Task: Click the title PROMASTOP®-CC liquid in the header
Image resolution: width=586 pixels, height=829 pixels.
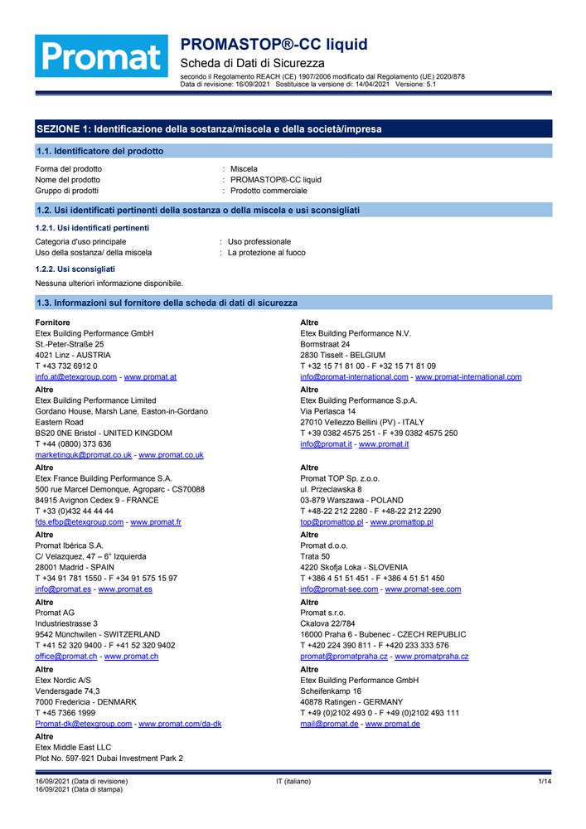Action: pos(274,45)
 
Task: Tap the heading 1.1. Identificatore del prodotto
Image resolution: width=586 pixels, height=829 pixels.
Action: pos(99,152)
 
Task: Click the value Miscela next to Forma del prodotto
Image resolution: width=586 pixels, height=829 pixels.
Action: pos(244,169)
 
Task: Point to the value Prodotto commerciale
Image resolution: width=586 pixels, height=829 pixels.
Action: pos(268,191)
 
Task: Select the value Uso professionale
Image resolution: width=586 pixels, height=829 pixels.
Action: pos(259,242)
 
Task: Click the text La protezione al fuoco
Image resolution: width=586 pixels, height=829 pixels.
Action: pos(266,253)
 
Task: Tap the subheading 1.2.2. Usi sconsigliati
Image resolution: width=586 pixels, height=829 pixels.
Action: pos(75,269)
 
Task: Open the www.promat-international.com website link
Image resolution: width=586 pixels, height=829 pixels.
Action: pos(468,377)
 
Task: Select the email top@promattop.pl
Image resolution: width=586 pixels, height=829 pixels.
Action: pos(332,522)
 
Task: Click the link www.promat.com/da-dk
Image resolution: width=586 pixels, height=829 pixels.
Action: pos(180,724)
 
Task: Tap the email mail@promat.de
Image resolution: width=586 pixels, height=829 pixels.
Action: pos(329,724)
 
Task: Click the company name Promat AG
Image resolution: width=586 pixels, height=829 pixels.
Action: pos(56,612)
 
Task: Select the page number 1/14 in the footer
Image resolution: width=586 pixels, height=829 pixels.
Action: pos(545,782)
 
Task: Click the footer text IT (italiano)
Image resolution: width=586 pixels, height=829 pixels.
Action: pos(293,782)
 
